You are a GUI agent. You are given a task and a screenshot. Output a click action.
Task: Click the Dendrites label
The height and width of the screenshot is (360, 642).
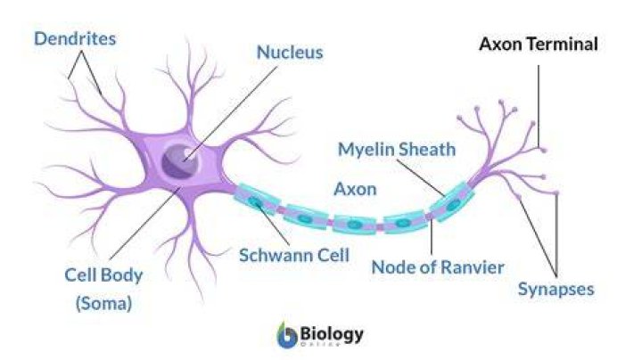(75, 39)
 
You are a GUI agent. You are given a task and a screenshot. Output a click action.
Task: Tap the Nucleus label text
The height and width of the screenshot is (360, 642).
(290, 53)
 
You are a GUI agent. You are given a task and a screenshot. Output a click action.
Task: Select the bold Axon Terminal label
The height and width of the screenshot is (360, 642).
(539, 44)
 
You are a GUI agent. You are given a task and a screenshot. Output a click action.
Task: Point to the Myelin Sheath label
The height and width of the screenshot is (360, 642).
(397, 150)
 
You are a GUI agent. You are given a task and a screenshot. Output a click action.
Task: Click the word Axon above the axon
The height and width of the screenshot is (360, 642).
(356, 189)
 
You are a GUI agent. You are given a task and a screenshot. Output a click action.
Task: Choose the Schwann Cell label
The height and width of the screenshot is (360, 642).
(294, 255)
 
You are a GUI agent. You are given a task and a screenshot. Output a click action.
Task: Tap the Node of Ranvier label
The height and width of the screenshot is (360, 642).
(438, 267)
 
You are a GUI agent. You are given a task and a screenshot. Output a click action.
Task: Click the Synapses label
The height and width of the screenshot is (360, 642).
(556, 290)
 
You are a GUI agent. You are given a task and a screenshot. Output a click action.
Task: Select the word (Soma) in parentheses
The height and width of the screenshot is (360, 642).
(104, 303)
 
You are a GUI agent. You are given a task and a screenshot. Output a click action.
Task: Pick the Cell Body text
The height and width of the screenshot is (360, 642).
(103, 275)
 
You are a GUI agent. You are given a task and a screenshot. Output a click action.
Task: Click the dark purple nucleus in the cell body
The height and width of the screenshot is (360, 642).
(180, 161)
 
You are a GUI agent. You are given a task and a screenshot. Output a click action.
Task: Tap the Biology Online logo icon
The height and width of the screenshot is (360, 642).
(287, 335)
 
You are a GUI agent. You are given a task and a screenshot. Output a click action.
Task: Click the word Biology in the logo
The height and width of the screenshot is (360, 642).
(332, 334)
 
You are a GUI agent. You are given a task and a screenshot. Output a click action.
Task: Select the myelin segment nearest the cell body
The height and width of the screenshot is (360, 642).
(256, 200)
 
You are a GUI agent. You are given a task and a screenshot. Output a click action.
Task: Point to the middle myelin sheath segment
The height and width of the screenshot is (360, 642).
(355, 225)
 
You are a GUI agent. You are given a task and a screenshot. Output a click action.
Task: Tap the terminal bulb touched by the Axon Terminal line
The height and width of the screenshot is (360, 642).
(543, 150)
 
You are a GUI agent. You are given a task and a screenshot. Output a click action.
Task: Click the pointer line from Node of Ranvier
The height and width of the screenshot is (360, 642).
(432, 236)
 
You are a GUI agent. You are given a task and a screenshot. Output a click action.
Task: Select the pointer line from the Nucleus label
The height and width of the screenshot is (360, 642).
(231, 113)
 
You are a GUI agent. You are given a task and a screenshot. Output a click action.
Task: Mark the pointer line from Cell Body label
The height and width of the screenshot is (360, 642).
(145, 223)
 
